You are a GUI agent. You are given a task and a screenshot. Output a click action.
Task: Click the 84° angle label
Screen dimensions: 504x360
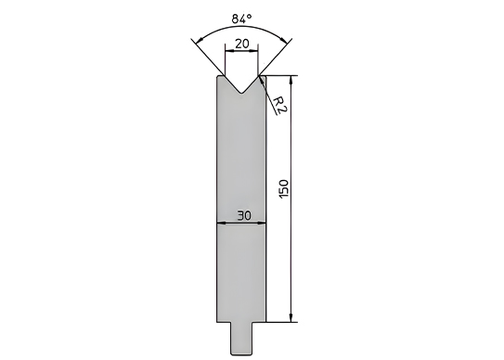(241, 19)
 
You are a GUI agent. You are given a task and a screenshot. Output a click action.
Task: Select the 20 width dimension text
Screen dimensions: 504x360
(241, 43)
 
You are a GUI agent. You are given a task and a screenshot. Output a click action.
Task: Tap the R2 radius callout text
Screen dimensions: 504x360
(279, 105)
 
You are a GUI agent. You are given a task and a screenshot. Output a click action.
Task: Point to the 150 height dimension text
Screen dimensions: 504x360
(284, 189)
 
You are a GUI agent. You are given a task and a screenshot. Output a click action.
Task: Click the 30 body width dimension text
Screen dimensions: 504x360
(244, 215)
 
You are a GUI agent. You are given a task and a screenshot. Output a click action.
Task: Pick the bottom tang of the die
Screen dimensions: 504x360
(241, 338)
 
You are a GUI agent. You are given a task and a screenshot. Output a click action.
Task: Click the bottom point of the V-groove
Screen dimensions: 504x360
(241, 94)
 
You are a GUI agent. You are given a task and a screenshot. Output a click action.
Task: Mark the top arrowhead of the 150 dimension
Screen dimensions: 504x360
(291, 80)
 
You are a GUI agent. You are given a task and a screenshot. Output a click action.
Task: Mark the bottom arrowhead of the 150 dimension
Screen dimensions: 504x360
(291, 317)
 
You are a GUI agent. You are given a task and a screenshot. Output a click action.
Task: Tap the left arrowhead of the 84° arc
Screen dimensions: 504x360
(200, 40)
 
